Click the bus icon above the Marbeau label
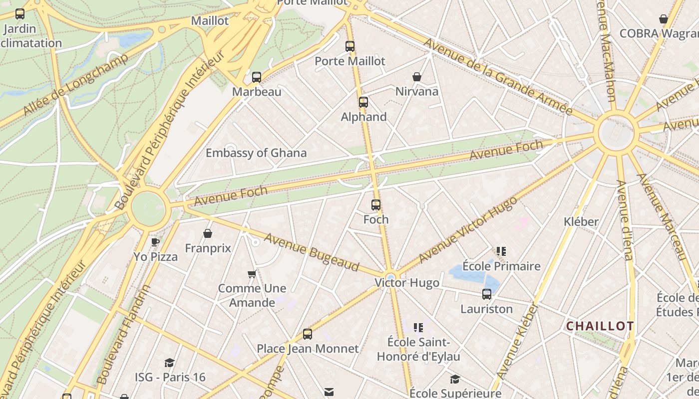click(257, 77)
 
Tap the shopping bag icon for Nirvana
click(417, 77)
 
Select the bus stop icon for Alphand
click(363, 102)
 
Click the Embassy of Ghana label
click(256, 153)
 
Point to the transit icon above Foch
click(376, 205)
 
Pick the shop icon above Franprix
click(208, 233)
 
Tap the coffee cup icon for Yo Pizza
click(155, 242)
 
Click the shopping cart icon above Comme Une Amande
click(252, 274)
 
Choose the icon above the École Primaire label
click(501, 251)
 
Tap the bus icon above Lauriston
click(487, 294)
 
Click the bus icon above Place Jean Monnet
click(308, 334)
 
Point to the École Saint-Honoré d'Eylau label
click(418, 350)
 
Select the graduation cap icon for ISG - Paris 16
click(170, 363)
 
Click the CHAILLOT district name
click(600, 326)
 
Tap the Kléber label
click(581, 221)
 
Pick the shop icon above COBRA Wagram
click(664, 19)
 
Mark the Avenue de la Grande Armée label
click(497, 76)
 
